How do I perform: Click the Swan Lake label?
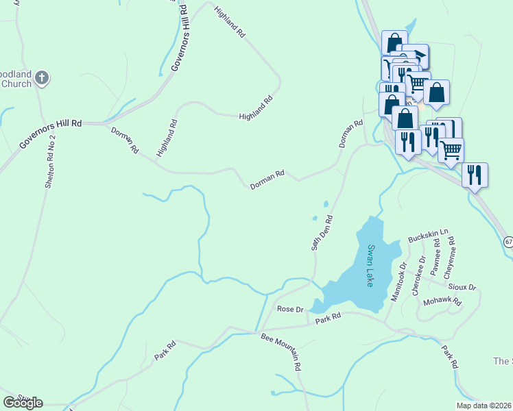pos(370,265)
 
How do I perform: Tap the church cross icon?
pos(42,77)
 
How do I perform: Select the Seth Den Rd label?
pos(322,234)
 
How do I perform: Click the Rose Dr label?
pos(289,309)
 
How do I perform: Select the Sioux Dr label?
pos(463,287)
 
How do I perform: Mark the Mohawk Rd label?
pos(442,301)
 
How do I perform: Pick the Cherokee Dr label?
pos(418,273)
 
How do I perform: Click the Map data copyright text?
pos(484,406)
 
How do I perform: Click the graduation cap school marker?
pos(416,55)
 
